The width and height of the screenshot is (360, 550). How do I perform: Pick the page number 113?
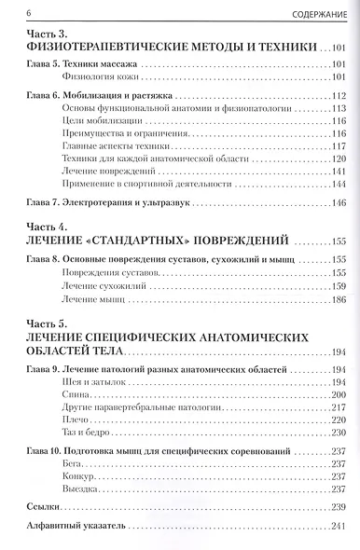[x=336, y=109]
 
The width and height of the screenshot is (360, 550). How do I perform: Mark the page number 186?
[x=336, y=302]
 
